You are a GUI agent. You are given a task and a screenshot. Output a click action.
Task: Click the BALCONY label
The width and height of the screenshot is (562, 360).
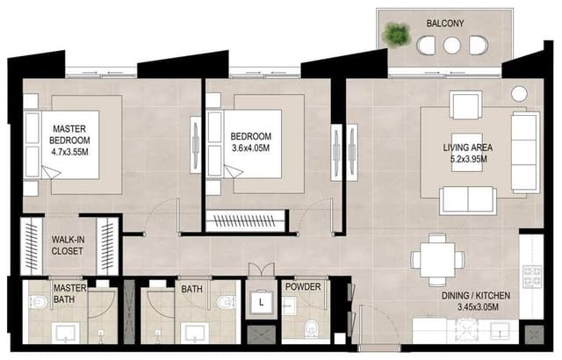(445, 24)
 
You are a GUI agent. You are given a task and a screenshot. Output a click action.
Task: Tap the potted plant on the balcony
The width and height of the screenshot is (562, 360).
(396, 34)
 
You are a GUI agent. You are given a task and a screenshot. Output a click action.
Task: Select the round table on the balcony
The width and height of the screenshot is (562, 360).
(451, 45)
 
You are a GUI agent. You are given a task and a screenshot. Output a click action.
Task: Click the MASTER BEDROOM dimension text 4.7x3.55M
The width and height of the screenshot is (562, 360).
(69, 152)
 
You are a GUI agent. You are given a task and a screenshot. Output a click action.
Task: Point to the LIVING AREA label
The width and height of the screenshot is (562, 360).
(468, 148)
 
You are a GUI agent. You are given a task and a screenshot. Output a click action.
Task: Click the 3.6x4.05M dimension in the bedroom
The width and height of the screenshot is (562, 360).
(250, 148)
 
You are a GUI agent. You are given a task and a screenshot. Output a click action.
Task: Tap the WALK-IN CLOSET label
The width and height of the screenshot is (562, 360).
(68, 245)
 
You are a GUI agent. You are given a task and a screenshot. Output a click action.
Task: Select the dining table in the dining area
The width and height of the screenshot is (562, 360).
(437, 260)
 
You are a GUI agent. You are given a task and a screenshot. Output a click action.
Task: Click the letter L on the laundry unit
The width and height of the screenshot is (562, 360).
(262, 303)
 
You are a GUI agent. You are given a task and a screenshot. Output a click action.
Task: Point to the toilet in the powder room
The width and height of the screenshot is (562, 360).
(310, 328)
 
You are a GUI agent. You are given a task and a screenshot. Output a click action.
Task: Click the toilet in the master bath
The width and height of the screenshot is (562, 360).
(38, 302)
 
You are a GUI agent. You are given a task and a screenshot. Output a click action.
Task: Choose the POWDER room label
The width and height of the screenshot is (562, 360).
(303, 287)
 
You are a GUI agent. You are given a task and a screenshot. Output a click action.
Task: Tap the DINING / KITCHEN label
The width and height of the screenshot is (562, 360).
(476, 296)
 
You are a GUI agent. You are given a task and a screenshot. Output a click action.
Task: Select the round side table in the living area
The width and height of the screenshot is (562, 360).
(519, 94)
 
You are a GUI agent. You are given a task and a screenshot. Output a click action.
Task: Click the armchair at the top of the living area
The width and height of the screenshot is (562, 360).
(465, 104)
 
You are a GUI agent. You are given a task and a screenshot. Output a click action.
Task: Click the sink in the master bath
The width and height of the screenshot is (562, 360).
(65, 332)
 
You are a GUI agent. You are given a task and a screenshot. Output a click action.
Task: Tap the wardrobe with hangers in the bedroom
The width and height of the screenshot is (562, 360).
(245, 220)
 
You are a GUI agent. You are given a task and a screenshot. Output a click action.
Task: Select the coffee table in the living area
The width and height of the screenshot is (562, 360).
(466, 152)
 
